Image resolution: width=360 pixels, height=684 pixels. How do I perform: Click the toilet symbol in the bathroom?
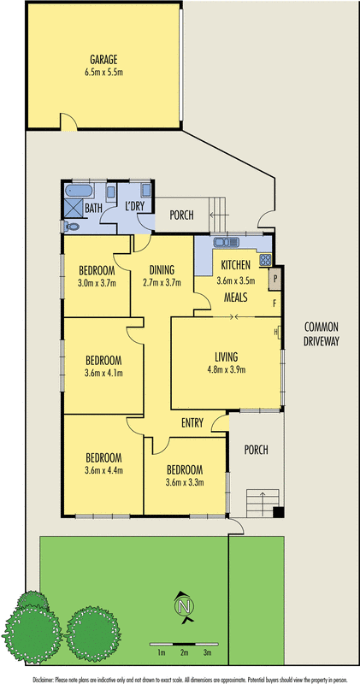pyautogui.click(x=71, y=226)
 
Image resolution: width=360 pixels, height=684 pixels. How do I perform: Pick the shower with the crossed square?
pyautogui.click(x=72, y=208)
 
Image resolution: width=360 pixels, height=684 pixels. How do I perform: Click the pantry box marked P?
pyautogui.click(x=274, y=278)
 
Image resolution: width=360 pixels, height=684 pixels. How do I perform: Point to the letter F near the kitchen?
pyautogui.click(x=274, y=302)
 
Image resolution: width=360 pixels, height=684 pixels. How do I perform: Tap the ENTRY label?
pyautogui.click(x=192, y=422)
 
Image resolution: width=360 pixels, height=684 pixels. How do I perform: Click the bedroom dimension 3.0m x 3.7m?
pyautogui.click(x=96, y=283)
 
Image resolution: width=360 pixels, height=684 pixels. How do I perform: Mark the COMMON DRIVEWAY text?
pyautogui.click(x=321, y=333)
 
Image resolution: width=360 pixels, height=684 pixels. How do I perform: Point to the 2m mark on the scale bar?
pyautogui.click(x=184, y=652)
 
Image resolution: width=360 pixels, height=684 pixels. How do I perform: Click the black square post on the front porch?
pyautogui.click(x=277, y=512)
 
